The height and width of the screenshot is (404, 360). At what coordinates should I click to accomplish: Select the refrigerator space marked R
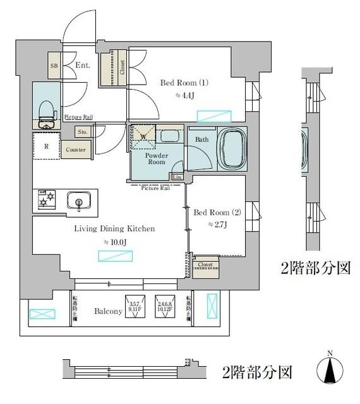[x=46, y=146]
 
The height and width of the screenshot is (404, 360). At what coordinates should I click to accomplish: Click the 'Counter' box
[x=76, y=150]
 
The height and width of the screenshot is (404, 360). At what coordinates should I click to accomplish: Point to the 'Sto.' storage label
[x=83, y=133]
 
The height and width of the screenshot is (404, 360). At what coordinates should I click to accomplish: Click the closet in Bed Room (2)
[x=205, y=269]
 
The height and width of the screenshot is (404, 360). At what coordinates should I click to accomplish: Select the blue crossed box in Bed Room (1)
[x=215, y=116]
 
